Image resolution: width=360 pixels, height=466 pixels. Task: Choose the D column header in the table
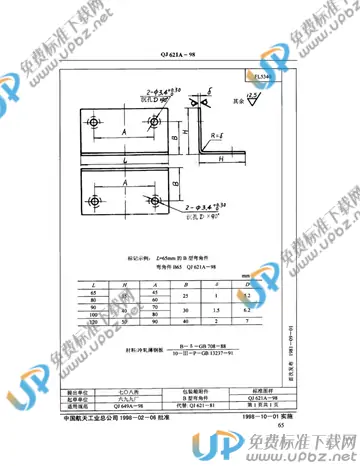[x=248, y=285]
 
